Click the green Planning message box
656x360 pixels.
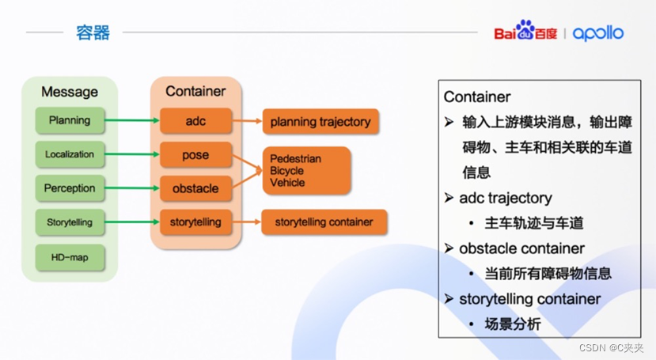70,121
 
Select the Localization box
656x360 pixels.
70,154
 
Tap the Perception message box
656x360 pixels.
70,188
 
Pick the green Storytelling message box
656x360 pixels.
70,222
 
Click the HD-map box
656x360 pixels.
70,256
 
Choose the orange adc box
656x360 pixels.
195,121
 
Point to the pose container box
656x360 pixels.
195,155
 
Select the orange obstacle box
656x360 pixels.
195,189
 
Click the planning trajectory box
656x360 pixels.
320,122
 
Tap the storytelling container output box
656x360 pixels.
324,222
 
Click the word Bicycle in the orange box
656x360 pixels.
286,171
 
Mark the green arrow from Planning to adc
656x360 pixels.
131,121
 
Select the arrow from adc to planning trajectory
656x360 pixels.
246,122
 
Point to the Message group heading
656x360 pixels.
70,92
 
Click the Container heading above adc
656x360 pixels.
195,91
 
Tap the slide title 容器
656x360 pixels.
93,32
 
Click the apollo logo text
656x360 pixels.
598,33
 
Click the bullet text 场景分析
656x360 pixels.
513,324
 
